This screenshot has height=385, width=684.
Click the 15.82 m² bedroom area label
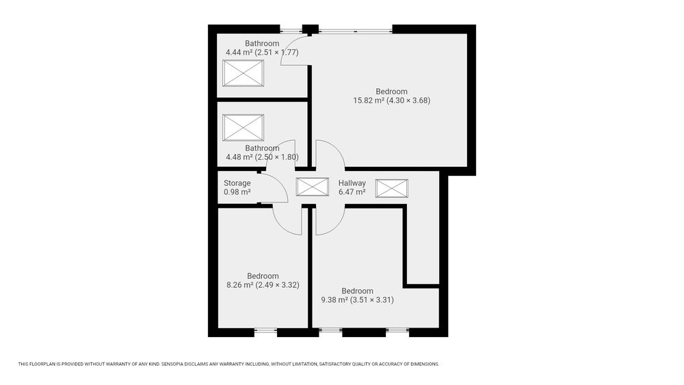pyautogui.click(x=392, y=96)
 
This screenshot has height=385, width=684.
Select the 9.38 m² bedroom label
pyautogui.click(x=357, y=295)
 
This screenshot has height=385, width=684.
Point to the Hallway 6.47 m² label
pyautogui.click(x=352, y=187)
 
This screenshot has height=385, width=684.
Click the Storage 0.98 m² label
pyautogui.click(x=237, y=187)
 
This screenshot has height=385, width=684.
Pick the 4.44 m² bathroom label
pyautogui.click(x=262, y=48)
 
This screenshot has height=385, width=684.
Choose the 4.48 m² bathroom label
pyautogui.click(x=262, y=152)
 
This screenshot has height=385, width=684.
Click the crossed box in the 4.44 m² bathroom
pyautogui.click(x=243, y=73)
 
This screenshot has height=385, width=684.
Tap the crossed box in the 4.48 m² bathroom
pyautogui.click(x=243, y=128)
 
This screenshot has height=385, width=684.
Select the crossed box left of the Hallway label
pyautogui.click(x=313, y=187)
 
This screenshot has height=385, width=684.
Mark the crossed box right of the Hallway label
pyautogui.click(x=392, y=188)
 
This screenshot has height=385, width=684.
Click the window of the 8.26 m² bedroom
pyautogui.click(x=265, y=332)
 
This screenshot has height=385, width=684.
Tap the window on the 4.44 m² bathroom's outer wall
pyautogui.click(x=291, y=31)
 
